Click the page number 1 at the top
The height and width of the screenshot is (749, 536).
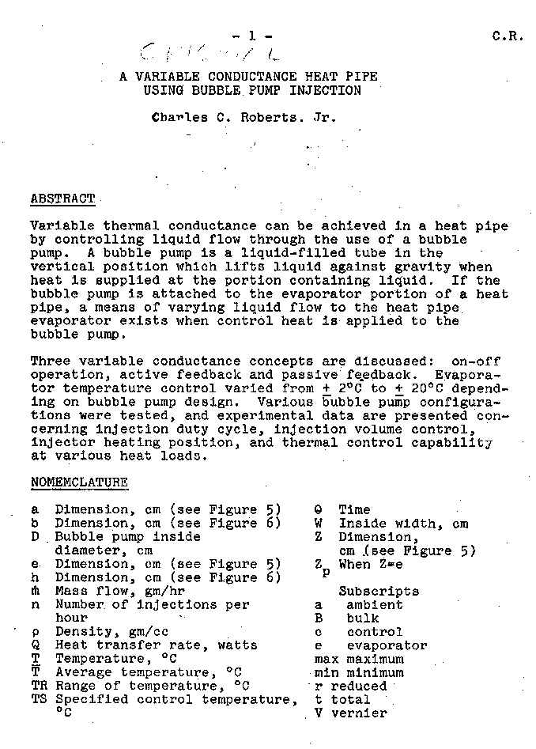252,36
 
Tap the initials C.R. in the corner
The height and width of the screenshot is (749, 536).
508,36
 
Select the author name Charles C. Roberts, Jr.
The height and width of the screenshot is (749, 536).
244,118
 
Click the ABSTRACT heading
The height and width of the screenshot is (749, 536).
62,199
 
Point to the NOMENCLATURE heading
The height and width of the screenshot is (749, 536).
79,482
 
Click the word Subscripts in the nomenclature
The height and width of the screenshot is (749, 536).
379,591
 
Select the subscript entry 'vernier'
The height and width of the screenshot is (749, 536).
359,713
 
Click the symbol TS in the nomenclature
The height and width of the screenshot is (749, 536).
40,699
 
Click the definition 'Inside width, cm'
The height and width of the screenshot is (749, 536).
403,524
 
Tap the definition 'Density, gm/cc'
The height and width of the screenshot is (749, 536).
111,632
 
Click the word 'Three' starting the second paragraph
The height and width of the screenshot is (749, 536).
50,361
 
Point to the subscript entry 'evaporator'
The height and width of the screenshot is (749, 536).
387,645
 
